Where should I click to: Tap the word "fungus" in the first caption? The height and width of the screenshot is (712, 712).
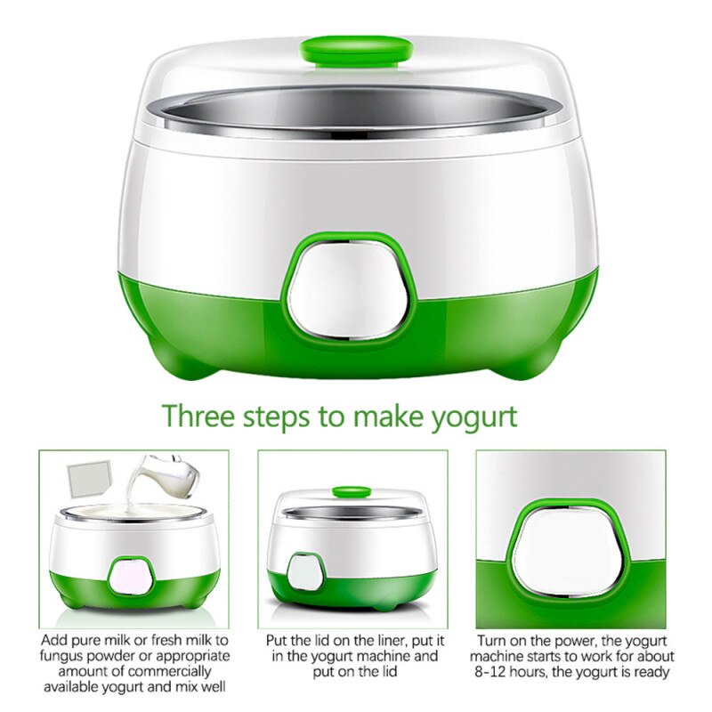tap(68, 657)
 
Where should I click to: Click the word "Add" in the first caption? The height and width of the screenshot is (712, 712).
tap(56, 640)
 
